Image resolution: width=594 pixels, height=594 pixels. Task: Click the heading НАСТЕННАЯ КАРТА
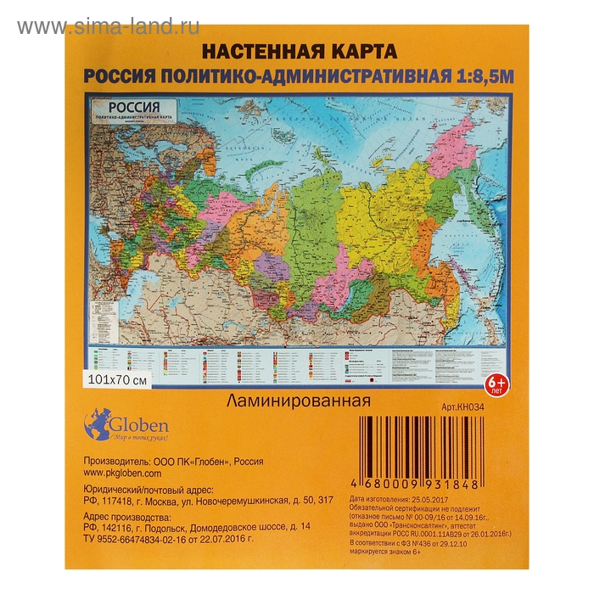[296, 50]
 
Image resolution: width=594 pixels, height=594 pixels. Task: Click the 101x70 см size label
[118, 379]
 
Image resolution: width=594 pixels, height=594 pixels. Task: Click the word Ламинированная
[297, 400]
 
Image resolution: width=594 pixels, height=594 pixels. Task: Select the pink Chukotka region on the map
[455, 144]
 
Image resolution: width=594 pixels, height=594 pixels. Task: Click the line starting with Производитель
[170, 462]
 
